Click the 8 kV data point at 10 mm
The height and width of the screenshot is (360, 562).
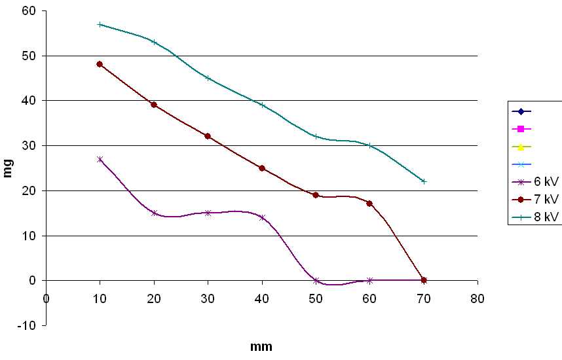[x=100, y=24]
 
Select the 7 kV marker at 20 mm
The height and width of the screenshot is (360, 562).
[x=154, y=105]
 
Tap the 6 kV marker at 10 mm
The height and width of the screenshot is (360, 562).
[x=100, y=159]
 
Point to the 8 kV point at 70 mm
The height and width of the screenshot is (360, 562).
[x=424, y=181]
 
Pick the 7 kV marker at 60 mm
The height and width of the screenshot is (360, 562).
[x=369, y=204]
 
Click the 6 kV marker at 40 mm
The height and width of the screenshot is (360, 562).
[x=262, y=217]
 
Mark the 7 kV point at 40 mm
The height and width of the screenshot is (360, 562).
[x=262, y=168]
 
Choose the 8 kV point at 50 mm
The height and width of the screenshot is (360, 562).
[x=316, y=136]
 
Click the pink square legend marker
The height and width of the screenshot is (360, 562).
[x=520, y=129]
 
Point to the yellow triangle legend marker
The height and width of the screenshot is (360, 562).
[x=520, y=147]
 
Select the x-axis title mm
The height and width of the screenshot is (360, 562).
[x=261, y=347]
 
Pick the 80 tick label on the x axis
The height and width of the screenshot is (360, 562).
[x=478, y=298]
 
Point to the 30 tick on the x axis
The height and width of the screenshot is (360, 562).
[x=208, y=298]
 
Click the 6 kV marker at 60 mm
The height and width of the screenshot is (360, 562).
[x=369, y=280]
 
